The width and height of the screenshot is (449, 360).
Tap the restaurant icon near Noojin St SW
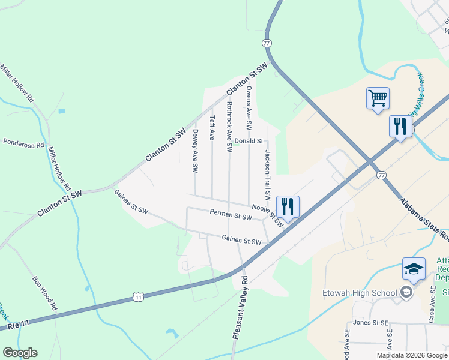click(x=288, y=206)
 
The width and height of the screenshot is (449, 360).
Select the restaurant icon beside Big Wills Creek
click(x=400, y=127)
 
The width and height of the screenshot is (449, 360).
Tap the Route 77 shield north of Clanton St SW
click(x=267, y=43)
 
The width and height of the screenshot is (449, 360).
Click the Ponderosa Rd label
click(x=24, y=144)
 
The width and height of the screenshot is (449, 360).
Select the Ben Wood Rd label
click(x=45, y=293)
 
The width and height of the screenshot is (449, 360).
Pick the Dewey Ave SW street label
click(x=195, y=152)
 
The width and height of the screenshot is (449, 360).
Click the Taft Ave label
click(x=211, y=128)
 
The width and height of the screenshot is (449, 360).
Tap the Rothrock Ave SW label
click(x=229, y=126)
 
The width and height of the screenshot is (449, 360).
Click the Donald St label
click(x=249, y=141)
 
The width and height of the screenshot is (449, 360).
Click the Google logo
click(x=20, y=353)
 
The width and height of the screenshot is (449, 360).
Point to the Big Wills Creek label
click(x=425, y=96)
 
